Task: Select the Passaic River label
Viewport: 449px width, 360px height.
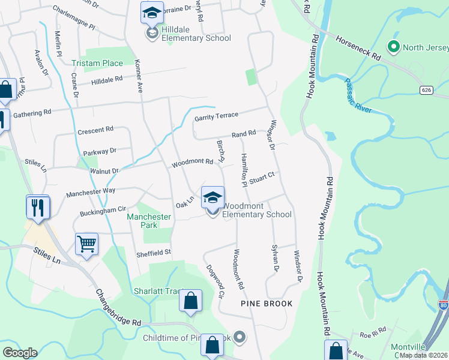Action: [x=359, y=95]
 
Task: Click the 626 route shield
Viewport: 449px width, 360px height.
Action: [x=427, y=89]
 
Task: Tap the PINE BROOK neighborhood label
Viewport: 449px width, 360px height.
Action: [x=267, y=304]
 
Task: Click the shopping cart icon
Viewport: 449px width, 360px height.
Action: [x=86, y=244]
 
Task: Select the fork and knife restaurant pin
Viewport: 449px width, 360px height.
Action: [x=38, y=207]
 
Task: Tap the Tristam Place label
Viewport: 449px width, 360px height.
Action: [x=97, y=63]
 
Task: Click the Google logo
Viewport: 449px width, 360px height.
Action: [x=20, y=353]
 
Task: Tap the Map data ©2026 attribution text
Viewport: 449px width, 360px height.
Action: [x=424, y=355]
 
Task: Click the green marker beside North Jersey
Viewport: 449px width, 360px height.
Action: [x=394, y=47]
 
